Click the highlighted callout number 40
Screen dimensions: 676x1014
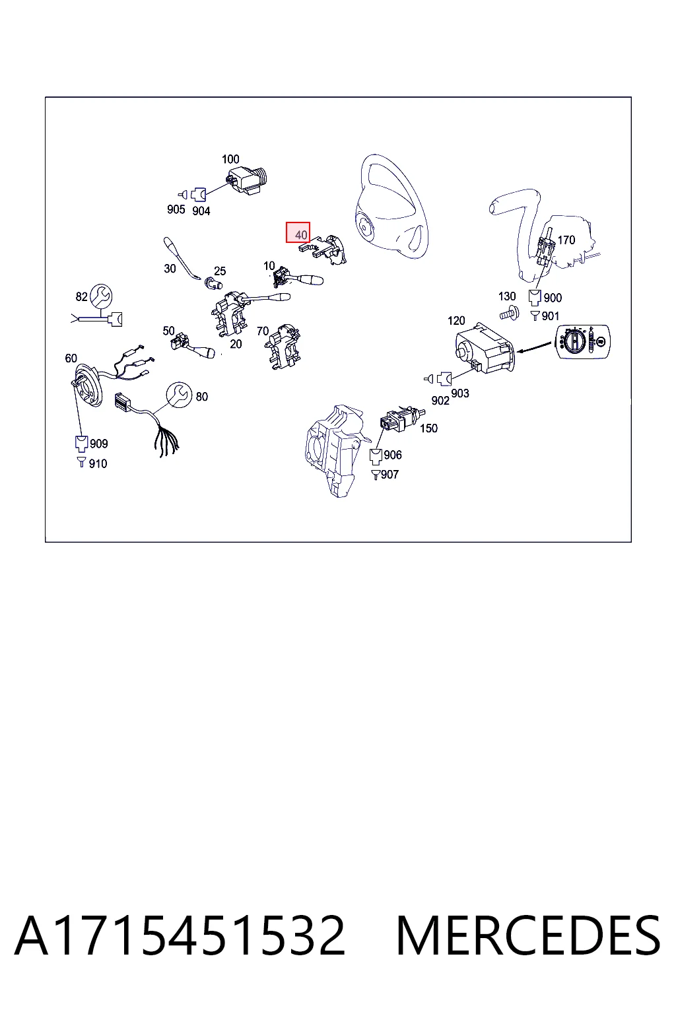(x=300, y=235)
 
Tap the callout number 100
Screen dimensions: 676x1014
(x=230, y=159)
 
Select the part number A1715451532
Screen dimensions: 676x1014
(x=180, y=936)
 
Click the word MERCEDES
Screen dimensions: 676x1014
(x=528, y=936)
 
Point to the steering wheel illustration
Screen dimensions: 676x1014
(x=391, y=207)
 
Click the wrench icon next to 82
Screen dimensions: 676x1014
(x=100, y=296)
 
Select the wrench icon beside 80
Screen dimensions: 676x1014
(x=179, y=395)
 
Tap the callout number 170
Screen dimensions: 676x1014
(x=566, y=240)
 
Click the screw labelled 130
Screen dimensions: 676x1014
(x=510, y=313)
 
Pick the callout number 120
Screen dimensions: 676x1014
(x=456, y=320)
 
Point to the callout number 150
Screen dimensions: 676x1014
(x=428, y=428)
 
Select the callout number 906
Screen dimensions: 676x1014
(x=393, y=455)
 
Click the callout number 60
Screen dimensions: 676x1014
(x=71, y=358)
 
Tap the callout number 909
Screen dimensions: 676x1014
(x=99, y=444)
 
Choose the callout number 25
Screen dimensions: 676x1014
(x=220, y=271)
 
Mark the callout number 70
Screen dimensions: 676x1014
(x=263, y=331)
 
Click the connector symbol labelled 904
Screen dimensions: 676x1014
(x=198, y=195)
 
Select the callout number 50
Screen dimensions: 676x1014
(x=168, y=331)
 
